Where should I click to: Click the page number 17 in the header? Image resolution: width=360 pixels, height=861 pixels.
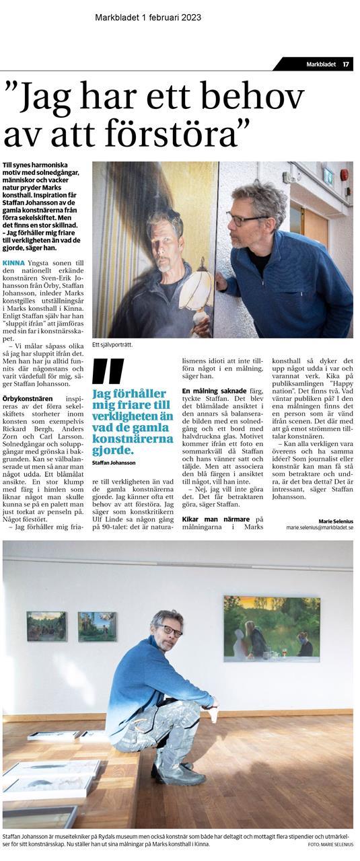345,65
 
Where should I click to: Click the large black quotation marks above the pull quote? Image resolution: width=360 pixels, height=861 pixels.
108,372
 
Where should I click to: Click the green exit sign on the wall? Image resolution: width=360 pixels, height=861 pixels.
328,178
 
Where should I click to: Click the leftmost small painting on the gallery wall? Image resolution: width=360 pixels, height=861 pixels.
46,626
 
